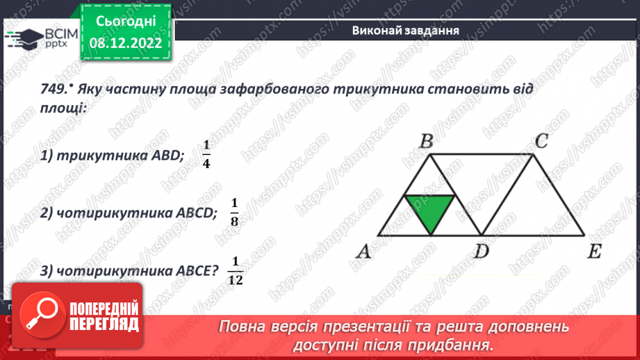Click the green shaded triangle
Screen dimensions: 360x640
point(430,209)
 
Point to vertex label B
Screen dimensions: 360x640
point(427,142)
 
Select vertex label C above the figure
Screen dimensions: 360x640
point(542,142)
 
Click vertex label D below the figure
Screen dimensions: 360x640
point(482,252)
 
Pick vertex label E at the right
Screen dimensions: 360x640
point(593,252)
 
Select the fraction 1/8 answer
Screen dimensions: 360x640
point(234,211)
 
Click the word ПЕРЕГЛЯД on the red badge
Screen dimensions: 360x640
point(103,324)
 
